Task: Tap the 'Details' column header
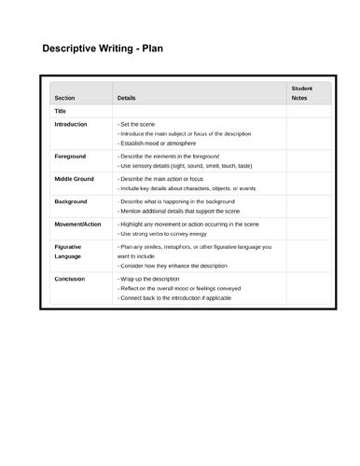(x=126, y=97)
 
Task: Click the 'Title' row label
(x=61, y=110)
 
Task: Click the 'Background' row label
(x=71, y=201)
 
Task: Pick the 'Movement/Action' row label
(x=78, y=224)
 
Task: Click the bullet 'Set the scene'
(x=139, y=124)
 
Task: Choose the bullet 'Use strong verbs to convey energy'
(x=169, y=233)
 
